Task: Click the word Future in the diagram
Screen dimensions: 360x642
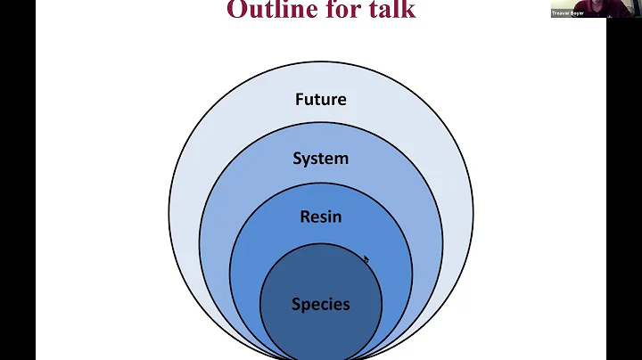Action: tap(320, 99)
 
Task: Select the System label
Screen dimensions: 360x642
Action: tap(320, 159)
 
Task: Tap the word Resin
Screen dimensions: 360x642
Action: tap(320, 217)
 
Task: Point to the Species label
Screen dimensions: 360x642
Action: tap(320, 304)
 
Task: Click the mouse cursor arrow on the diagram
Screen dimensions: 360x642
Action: tap(366, 260)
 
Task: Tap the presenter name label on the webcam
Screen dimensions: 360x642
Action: tap(568, 13)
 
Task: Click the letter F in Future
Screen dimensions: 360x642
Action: tap(300, 99)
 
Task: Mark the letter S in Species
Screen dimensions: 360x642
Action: tap(296, 304)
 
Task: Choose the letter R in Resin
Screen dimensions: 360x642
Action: tap(304, 217)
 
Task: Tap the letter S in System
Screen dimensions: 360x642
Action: tap(297, 159)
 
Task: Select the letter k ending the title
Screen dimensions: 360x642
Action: tap(409, 10)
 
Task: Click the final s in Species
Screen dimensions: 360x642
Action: tap(346, 304)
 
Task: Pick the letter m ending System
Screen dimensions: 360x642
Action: tap(342, 159)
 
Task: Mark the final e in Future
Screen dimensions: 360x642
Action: tap(341, 100)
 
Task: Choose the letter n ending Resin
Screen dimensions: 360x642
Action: tap(337, 217)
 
